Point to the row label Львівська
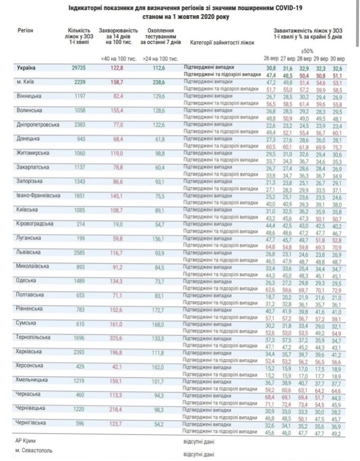29,251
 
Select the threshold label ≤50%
307,51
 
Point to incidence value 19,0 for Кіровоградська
115,224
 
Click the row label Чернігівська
31,422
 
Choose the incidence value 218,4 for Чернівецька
115,408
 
